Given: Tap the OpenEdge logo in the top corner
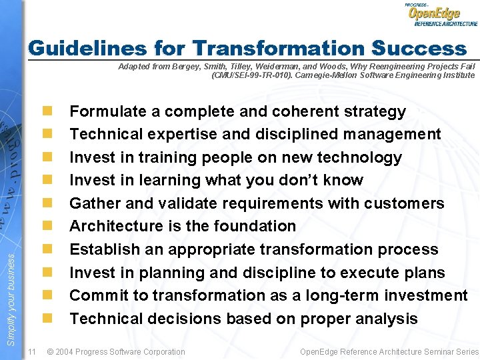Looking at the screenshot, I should pos(440,15).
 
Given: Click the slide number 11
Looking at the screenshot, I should pos(31,351).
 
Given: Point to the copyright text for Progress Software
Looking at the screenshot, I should pos(116,351).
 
